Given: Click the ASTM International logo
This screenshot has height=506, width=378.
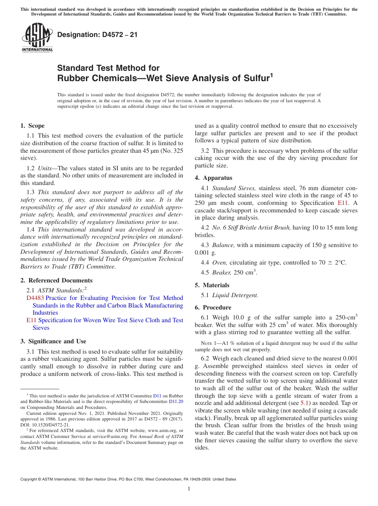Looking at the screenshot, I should pos(37,38).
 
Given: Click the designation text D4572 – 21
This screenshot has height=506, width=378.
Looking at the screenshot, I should pos(97,35).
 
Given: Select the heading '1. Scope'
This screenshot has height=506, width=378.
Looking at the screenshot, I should pos(32,126).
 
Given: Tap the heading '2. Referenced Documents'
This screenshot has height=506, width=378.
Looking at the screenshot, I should pos(56,280).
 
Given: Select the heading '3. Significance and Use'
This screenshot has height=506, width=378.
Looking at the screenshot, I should pos(53,341).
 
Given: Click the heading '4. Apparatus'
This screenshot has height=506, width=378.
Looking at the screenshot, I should pos(213,178).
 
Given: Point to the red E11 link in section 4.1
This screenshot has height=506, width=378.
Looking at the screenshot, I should pos(343,202).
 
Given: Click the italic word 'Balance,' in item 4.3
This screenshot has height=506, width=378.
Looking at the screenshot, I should pos(223,245).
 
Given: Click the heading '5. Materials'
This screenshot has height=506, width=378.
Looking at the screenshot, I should pos(212,285).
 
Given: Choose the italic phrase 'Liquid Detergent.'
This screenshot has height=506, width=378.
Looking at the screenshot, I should pos(235,295).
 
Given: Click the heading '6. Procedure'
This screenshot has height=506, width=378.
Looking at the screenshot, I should pos(213,307).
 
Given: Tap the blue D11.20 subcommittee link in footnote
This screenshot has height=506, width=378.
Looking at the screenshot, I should pos(176,402).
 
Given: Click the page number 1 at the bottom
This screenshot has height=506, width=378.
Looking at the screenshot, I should pos(189,489).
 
